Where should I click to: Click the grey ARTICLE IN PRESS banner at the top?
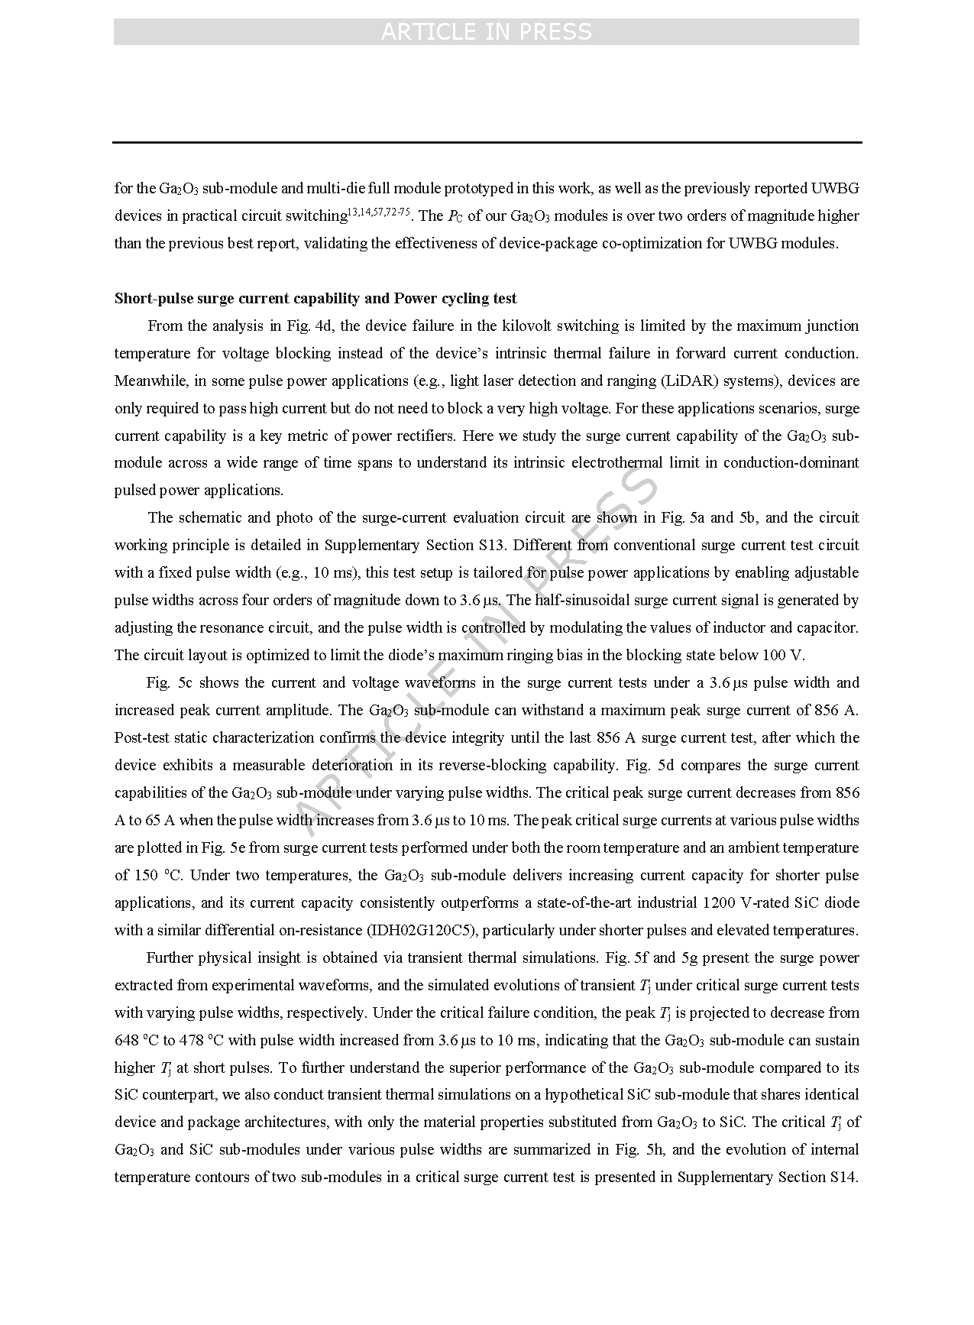[x=486, y=32]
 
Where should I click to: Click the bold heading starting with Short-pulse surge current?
[x=315, y=298]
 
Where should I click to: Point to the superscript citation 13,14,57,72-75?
[x=379, y=212]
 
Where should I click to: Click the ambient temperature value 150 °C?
[x=148, y=875]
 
